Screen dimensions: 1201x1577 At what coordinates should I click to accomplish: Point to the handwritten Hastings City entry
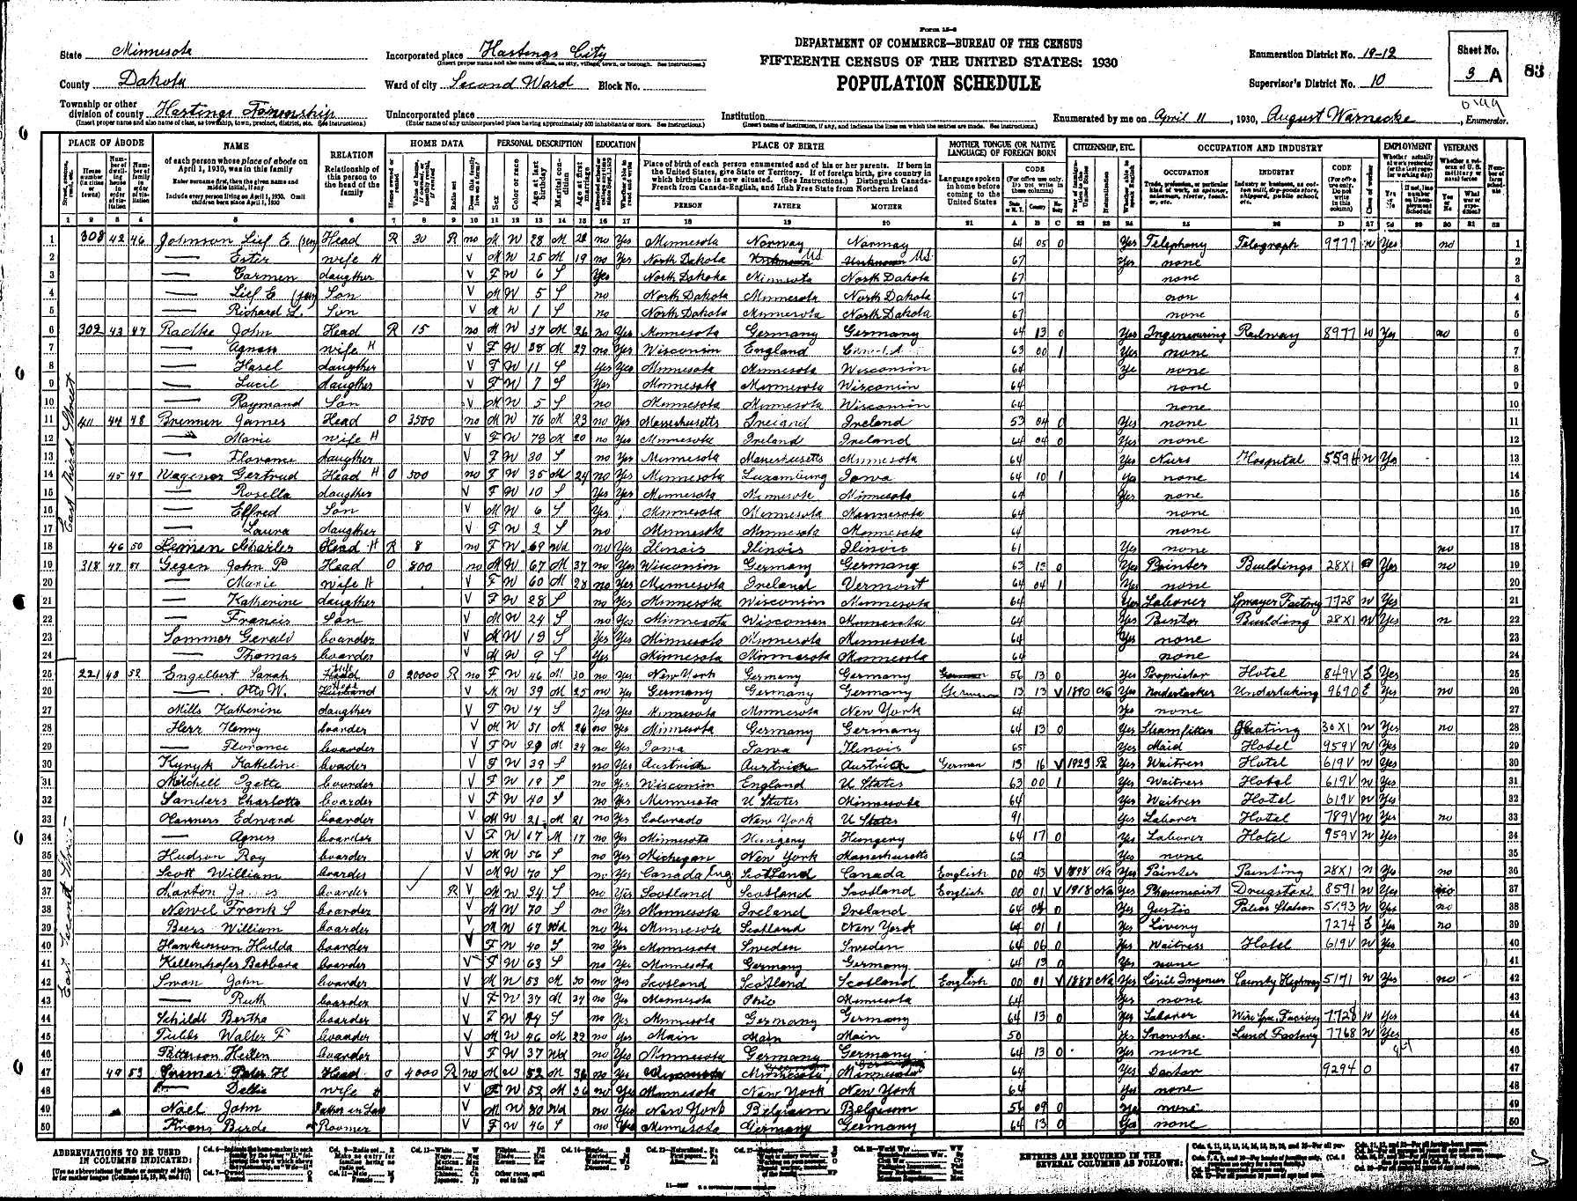pyautogui.click(x=532, y=52)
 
